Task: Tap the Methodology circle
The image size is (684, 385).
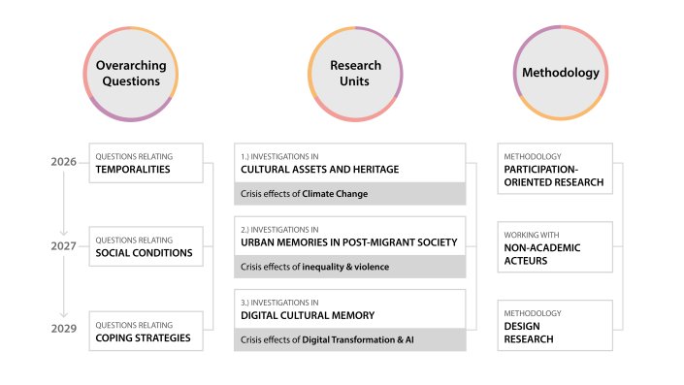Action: [560, 74]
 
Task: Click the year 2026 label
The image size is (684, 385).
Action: [64, 162]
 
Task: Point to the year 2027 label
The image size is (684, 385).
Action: [64, 246]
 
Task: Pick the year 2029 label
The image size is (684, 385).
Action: [64, 330]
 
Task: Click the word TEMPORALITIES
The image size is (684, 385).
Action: [133, 169]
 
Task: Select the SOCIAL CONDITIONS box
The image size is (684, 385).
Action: [146, 246]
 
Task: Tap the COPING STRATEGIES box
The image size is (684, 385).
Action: [146, 331]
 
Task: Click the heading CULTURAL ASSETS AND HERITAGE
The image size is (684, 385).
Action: [319, 170]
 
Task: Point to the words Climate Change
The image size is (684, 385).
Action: [335, 194]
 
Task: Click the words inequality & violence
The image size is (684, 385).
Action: [348, 266]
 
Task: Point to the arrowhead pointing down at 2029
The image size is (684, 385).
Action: [64, 314]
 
